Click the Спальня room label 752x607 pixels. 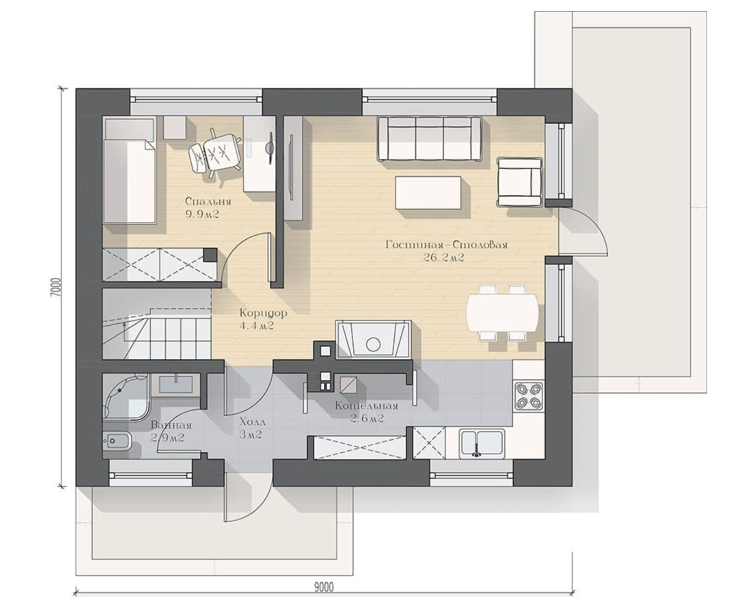coord(208,201)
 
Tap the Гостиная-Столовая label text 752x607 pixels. coord(447,245)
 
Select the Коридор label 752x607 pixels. coord(263,314)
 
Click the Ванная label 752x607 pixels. coord(171,425)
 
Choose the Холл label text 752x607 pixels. coord(252,423)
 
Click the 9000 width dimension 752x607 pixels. coord(324,587)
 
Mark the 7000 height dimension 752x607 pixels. coord(56,288)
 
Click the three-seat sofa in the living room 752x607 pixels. coord(429,138)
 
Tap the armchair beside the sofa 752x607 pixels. coord(519,182)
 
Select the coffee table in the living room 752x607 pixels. coord(428,192)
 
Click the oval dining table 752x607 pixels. coord(502,312)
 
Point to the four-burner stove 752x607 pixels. coord(528,395)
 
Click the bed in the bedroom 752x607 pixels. coord(129,171)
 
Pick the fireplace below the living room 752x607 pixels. coord(373,340)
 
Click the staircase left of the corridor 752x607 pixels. coord(156,324)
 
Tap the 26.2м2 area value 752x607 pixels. coord(444,258)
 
